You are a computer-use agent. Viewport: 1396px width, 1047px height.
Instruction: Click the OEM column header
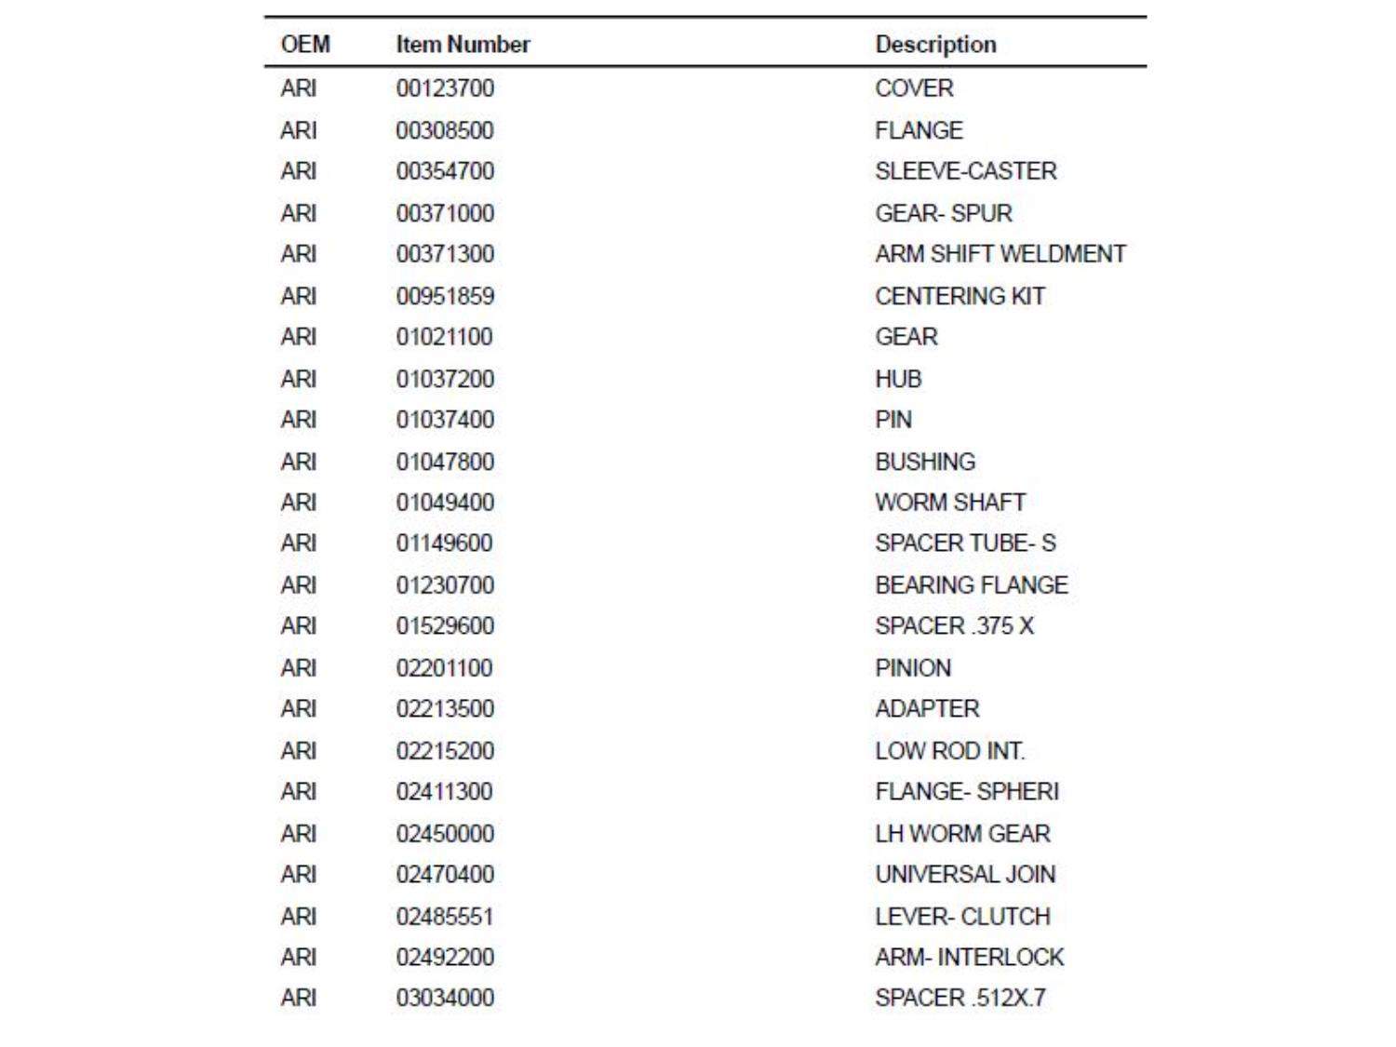305,45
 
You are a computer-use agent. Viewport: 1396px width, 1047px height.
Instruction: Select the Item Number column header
463,45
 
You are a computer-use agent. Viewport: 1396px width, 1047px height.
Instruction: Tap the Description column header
935,45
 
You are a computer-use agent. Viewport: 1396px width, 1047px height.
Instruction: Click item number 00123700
445,88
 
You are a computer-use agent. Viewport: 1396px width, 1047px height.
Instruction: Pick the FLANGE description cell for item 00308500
919,130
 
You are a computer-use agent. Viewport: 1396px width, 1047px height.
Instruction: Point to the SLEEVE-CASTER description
965,171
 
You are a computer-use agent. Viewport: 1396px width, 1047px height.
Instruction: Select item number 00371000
445,213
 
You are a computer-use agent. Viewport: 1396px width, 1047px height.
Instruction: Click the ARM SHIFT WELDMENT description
1000,254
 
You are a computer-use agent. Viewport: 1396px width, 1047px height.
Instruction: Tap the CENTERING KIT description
960,296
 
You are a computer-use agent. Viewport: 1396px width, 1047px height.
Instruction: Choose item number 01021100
444,337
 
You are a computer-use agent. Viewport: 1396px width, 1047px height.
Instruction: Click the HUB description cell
898,379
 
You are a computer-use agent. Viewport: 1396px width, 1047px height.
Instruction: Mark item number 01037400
445,420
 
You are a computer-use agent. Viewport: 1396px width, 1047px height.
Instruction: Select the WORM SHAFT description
949,503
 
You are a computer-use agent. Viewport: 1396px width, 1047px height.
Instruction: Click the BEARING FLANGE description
971,585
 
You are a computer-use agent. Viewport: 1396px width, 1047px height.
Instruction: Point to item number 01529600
445,626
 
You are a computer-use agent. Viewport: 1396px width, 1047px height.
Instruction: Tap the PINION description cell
913,668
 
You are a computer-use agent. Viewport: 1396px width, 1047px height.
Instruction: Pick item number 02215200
445,751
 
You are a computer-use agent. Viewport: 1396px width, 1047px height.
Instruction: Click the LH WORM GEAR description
962,834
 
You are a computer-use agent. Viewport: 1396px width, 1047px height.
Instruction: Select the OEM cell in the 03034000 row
299,998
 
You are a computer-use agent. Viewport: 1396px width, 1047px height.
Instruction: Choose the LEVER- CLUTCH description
962,917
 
